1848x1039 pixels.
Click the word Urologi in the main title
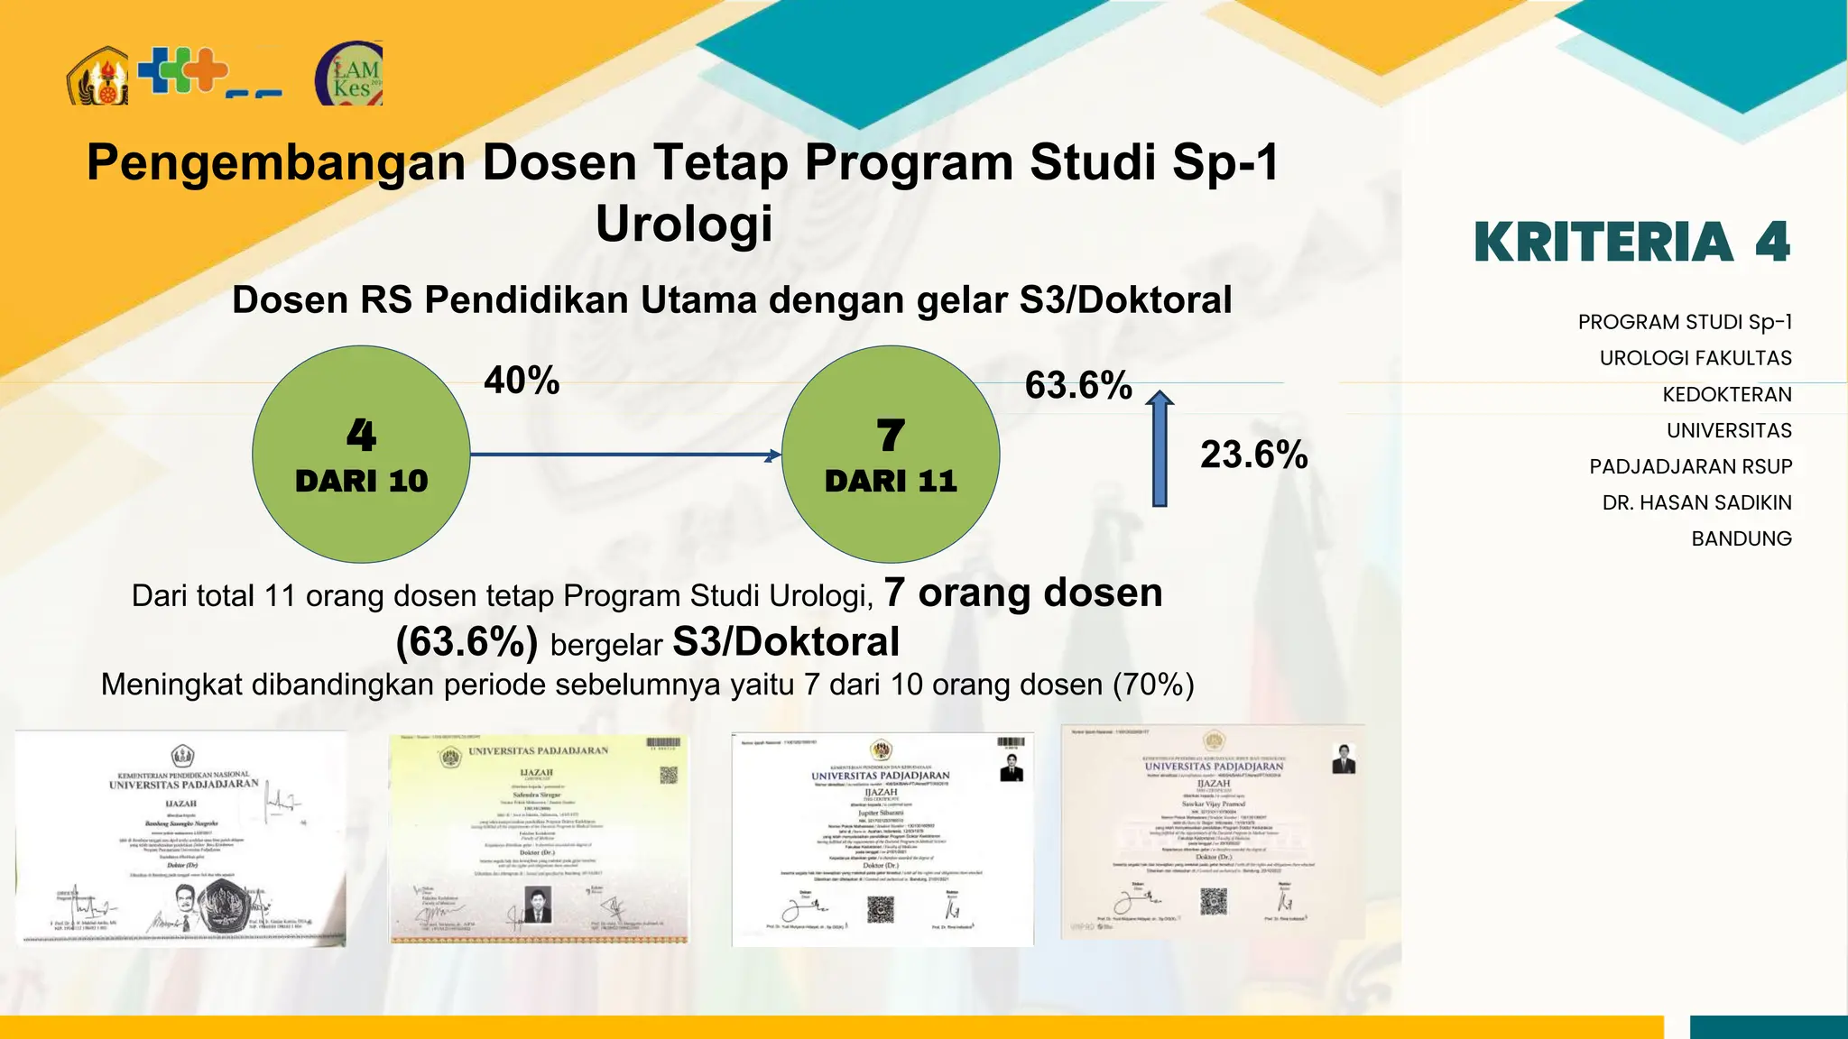[x=684, y=224]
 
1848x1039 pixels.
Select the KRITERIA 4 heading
[x=1631, y=243]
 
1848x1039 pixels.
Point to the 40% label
[x=522, y=380]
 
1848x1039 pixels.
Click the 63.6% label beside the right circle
[x=1078, y=385]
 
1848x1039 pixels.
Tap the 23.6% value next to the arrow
[x=1253, y=454]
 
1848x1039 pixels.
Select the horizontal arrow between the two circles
[x=624, y=455]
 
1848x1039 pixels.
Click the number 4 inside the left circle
[x=361, y=436]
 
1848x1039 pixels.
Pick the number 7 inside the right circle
[x=891, y=437]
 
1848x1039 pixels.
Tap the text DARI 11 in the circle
[x=891, y=481]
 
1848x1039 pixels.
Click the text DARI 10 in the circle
[x=361, y=481]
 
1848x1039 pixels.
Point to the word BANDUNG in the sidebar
[x=1741, y=538]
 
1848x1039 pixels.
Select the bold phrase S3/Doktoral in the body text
[x=786, y=642]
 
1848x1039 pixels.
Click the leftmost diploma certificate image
[x=180, y=838]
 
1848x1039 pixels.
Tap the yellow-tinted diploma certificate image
[x=539, y=839]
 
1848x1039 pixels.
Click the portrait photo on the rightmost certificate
[x=1344, y=759]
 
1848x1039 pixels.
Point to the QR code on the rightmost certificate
[x=1214, y=901]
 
